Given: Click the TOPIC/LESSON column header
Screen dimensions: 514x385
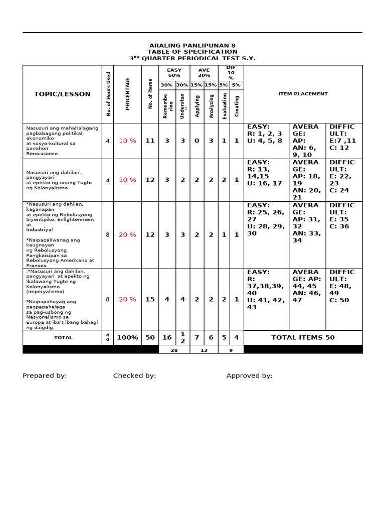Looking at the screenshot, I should pos(62,94).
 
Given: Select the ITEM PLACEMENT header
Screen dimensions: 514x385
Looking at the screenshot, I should pos(303,94).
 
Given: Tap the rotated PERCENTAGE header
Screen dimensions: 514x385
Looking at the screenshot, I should pos(127,94).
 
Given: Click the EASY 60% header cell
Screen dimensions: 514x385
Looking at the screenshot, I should pos(174,73).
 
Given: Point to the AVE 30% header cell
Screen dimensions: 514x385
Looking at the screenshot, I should pos(204,73).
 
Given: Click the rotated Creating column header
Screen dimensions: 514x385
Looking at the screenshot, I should pos(237,106).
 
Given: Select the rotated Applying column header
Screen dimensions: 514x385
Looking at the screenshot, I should pos(197,106).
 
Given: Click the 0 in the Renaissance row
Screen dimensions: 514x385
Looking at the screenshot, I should pos(197,141).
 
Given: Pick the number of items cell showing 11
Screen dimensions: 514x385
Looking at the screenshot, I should pos(150,141).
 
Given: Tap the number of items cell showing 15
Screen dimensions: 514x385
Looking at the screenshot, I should pos(150,300).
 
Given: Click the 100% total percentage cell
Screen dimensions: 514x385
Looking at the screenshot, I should pos(127,338).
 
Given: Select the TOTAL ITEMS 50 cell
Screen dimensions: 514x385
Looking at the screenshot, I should pos(303,338).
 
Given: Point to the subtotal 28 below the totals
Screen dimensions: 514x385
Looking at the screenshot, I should pos(174,350).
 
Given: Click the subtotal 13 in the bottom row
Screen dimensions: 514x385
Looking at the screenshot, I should pos(204,350).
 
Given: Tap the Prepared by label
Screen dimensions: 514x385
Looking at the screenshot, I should pos(45,376).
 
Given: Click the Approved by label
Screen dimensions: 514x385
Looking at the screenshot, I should pos(249,376).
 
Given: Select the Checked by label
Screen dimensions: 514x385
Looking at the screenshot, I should pos(134,376).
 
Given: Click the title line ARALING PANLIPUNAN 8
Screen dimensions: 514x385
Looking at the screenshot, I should pos(192,46).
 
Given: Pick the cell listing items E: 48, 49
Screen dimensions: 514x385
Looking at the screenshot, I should pos(343,286).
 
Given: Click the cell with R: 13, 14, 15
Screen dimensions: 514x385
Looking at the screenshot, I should pos(266,173).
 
